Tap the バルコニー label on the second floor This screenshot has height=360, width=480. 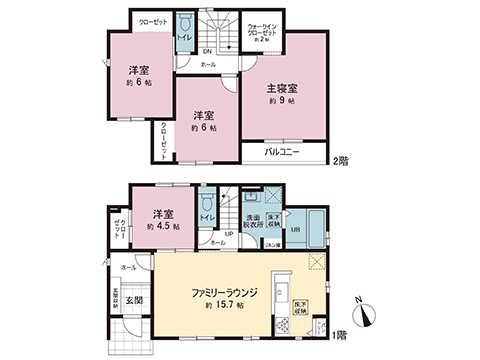[x=283, y=154]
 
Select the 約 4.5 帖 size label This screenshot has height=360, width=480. [x=162, y=227]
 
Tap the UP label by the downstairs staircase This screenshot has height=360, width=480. [x=228, y=236]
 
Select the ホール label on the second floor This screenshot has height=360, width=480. [x=208, y=63]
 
